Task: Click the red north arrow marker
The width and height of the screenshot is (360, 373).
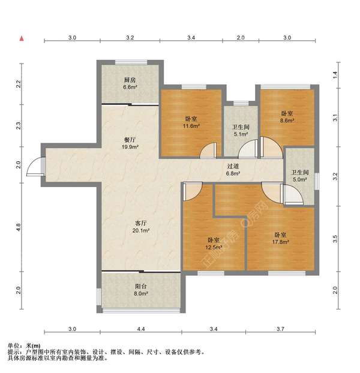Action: click(x=22, y=38)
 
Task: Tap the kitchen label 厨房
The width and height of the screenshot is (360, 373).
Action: click(x=130, y=80)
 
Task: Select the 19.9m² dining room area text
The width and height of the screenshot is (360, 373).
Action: click(x=130, y=147)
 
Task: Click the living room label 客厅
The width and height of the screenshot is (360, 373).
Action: click(x=140, y=223)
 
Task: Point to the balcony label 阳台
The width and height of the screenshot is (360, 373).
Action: click(x=140, y=287)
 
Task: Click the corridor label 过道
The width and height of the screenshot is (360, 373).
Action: click(x=233, y=166)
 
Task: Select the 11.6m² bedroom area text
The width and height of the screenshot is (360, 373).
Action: click(x=191, y=126)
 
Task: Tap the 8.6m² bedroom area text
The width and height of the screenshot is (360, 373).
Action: click(x=287, y=121)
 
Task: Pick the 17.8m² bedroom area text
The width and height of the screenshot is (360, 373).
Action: click(x=281, y=242)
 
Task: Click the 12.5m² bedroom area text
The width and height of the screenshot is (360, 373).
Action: click(x=214, y=248)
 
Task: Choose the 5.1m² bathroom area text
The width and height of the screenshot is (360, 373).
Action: click(x=241, y=134)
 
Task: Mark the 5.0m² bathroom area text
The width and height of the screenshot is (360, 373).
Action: click(x=299, y=179)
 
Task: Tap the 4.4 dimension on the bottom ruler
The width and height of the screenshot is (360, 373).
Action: click(x=141, y=329)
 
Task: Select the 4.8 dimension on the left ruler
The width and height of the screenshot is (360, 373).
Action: click(x=19, y=227)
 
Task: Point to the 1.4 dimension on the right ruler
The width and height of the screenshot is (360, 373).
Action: click(x=335, y=75)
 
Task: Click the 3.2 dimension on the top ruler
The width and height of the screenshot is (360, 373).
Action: click(x=130, y=38)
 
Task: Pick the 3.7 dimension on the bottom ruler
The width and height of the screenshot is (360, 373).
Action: click(x=281, y=329)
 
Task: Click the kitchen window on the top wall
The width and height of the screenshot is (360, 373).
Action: click(x=131, y=62)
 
